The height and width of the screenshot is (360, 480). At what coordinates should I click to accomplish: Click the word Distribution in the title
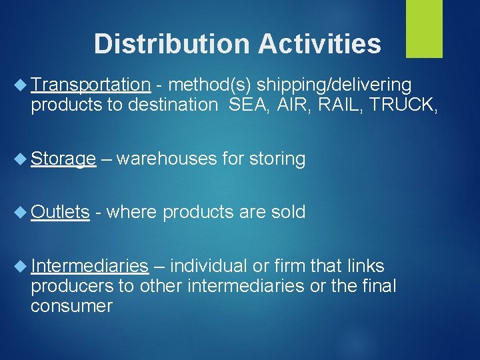coord(171,44)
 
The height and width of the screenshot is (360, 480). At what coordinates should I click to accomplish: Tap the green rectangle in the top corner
coord(425,28)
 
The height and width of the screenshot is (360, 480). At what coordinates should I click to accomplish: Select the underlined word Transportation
coord(91,85)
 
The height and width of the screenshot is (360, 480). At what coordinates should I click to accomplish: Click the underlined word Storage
coord(63,159)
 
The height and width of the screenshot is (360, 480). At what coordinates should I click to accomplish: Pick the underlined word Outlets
coord(60,212)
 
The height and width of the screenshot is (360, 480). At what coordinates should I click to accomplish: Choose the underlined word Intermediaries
coord(89,266)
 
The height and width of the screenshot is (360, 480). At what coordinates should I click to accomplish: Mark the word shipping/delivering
coord(334,85)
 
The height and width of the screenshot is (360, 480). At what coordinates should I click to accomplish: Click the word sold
coord(288,212)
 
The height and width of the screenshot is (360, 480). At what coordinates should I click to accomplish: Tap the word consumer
coord(71,306)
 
